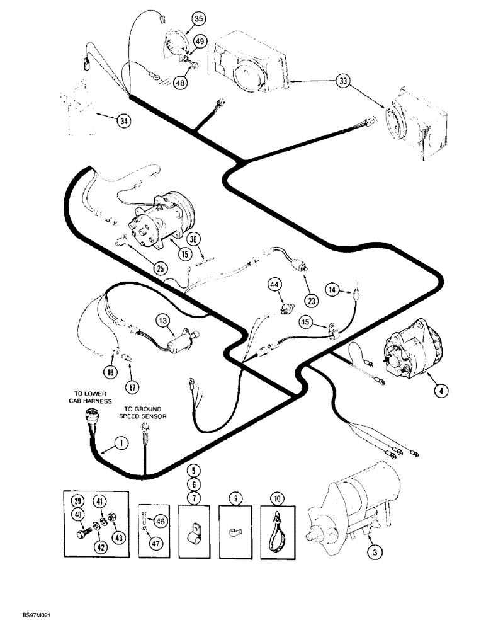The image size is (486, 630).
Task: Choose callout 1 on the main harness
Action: click(x=121, y=444)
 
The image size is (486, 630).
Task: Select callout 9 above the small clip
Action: click(x=235, y=499)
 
